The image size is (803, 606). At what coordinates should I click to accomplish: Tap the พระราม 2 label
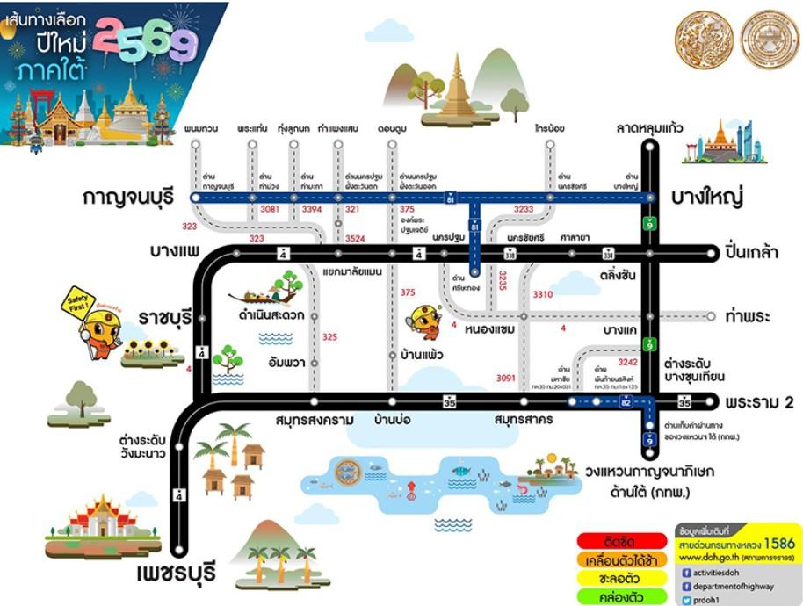click(760, 402)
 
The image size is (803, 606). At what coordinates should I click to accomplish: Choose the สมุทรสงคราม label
click(314, 419)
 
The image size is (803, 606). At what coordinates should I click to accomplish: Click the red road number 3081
click(270, 210)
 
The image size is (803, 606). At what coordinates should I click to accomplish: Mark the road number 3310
click(543, 295)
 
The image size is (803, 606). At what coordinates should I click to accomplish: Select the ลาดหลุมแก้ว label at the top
click(651, 129)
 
